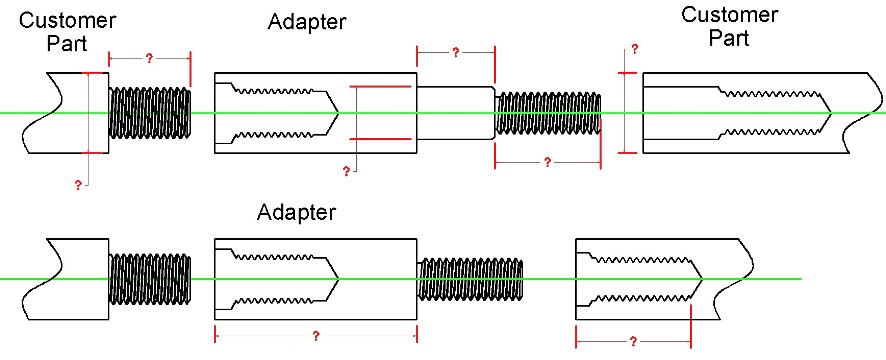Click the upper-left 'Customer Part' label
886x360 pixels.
tap(67, 32)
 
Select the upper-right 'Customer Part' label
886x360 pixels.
tap(729, 26)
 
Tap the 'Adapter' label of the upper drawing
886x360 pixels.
tap(307, 22)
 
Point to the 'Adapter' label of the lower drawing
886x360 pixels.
tap(296, 212)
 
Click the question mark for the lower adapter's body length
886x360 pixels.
tap(316, 336)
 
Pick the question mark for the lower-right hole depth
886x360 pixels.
tap(633, 341)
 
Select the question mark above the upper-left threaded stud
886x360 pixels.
tap(149, 58)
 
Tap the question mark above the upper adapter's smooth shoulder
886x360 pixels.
tap(455, 53)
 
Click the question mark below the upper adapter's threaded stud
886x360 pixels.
tap(547, 163)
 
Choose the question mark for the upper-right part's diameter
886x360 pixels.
tap(635, 49)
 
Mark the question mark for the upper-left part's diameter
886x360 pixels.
tap(78, 184)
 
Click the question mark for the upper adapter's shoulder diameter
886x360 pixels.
tap(346, 171)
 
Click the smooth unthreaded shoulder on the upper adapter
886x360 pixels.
tap(456, 112)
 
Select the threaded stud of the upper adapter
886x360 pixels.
tap(548, 113)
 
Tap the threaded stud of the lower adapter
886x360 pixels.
tap(470, 279)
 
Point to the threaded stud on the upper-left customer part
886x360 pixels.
tap(150, 113)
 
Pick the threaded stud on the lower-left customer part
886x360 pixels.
tap(150, 279)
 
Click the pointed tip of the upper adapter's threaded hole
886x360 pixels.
tap(338, 113)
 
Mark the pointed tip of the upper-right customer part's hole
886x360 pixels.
tap(832, 113)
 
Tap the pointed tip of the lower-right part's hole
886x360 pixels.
tap(702, 279)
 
